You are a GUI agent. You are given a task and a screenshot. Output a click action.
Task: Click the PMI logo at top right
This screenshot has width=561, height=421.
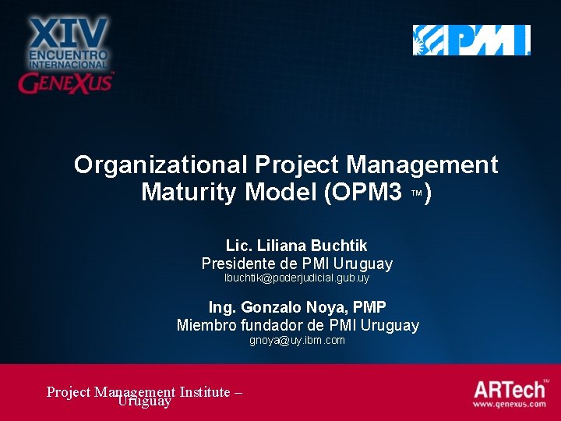tap(471, 40)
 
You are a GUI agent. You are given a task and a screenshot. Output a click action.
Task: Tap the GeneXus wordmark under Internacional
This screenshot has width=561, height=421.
tap(66, 82)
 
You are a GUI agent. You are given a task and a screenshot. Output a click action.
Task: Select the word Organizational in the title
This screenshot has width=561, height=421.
tap(161, 165)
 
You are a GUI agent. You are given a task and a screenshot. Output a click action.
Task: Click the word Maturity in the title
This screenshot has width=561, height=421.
tap(188, 192)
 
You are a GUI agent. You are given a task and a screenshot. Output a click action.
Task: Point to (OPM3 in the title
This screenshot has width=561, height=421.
tap(359, 192)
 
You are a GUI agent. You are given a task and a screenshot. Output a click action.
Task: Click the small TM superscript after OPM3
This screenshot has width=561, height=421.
tap(416, 192)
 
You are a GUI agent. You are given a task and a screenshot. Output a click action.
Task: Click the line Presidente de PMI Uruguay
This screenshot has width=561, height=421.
tap(297, 264)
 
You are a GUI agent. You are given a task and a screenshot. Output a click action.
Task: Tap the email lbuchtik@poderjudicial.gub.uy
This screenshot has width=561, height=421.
tap(297, 278)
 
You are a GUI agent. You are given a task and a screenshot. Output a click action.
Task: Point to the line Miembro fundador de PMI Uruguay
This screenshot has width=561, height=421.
tap(298, 325)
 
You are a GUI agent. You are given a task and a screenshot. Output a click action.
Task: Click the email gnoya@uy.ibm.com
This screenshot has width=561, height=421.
tap(297, 341)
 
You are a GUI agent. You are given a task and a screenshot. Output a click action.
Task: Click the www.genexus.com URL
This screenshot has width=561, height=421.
tap(510, 405)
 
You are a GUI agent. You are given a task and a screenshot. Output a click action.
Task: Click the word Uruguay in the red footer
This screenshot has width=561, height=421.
tap(144, 402)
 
